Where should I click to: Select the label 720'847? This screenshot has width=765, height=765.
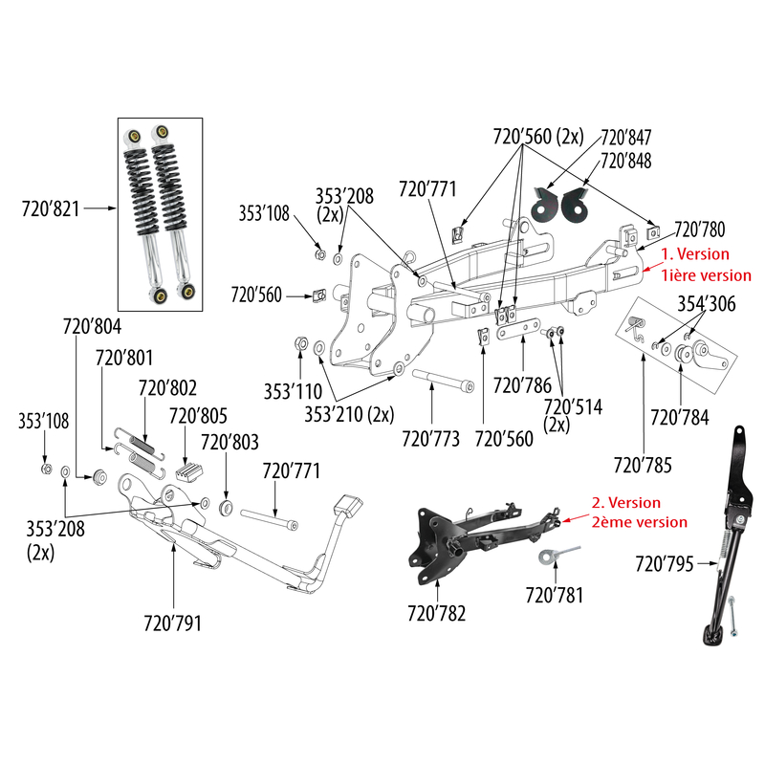tap(626, 138)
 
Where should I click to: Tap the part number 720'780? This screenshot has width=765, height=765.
tap(700, 229)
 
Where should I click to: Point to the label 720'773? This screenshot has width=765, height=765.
tap(430, 439)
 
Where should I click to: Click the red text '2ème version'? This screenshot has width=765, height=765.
tap(639, 522)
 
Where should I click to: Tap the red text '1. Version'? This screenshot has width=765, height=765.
tap(696, 254)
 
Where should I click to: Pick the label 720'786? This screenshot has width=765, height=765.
tap(521, 386)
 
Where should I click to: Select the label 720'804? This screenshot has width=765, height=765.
tap(93, 327)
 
